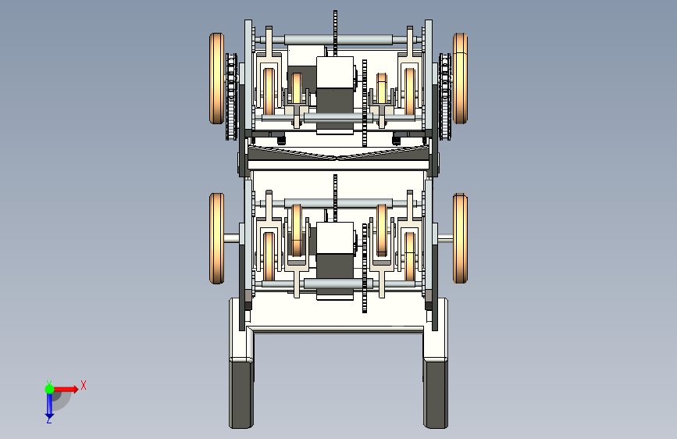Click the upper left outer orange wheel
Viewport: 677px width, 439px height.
point(217,78)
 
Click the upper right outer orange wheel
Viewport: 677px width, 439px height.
point(460,78)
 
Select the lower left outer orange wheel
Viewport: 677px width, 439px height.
point(217,238)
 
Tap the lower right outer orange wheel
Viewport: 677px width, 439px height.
point(460,238)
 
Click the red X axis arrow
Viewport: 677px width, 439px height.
point(66,389)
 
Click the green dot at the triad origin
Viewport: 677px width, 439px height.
point(49,389)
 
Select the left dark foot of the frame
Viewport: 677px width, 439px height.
point(241,394)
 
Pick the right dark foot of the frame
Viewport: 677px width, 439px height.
point(436,394)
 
